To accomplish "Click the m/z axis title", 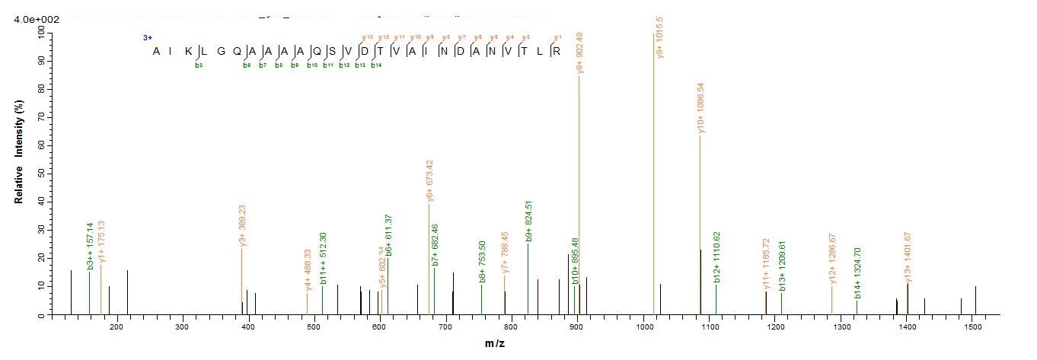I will tap(494, 345).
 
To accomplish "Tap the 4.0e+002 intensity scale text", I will tap(37, 19).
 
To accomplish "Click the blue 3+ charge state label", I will tap(148, 37).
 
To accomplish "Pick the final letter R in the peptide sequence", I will tap(557, 51).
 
